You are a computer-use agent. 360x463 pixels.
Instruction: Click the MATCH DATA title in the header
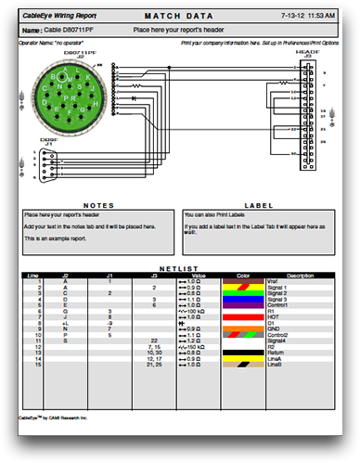180,17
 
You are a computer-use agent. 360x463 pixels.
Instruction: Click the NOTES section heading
98,205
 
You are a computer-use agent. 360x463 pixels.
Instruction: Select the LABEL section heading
257,205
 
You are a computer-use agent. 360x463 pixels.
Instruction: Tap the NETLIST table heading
180,269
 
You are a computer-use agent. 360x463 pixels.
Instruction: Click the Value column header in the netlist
198,276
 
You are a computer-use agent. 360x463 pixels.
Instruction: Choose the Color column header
244,276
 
